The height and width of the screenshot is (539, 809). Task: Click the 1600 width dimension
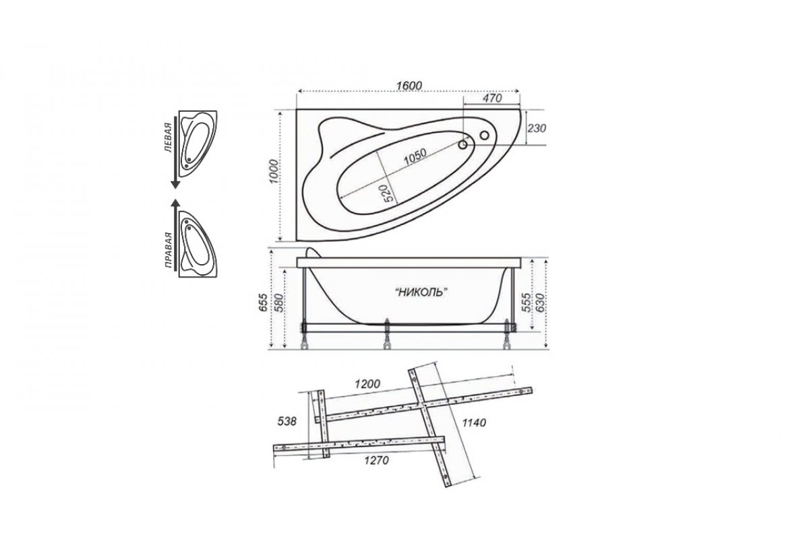pyautogui.click(x=409, y=86)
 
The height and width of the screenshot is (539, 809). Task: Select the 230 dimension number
pyautogui.click(x=537, y=128)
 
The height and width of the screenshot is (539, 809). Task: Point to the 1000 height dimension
pyautogui.click(x=275, y=171)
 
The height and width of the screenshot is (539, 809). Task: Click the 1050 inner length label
pyautogui.click(x=415, y=157)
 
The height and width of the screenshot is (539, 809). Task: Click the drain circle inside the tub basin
pyautogui.click(x=462, y=145)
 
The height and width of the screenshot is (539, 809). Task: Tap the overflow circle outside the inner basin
pyautogui.click(x=484, y=135)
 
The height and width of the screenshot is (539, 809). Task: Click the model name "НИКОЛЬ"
pyautogui.click(x=421, y=292)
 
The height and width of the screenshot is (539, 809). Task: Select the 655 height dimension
pyautogui.click(x=264, y=303)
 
